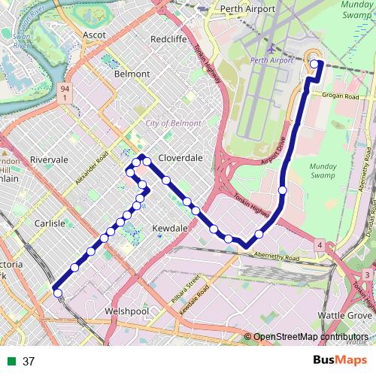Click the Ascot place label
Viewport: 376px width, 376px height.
(94, 35)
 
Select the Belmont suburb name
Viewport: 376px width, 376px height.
(132, 74)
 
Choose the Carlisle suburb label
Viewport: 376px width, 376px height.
(50, 223)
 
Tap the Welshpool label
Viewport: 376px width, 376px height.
(129, 311)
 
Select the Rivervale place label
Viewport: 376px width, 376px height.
(49, 159)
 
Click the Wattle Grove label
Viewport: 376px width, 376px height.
(344, 314)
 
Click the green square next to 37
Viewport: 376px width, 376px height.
(11, 361)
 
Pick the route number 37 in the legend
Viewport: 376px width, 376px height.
(29, 361)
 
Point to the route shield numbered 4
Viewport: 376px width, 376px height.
(320, 245)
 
